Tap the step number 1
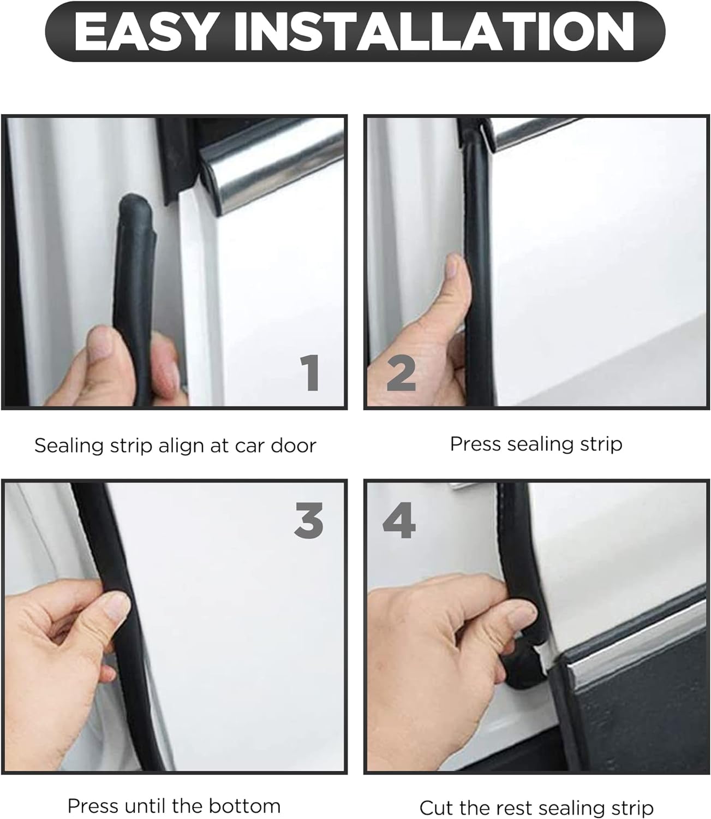click(312, 373)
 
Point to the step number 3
click(309, 520)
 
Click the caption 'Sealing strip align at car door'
click(175, 446)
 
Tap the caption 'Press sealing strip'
click(536, 444)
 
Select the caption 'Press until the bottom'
click(174, 806)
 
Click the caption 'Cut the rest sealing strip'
click(536, 808)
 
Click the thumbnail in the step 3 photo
click(116, 605)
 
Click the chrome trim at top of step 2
click(546, 131)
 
